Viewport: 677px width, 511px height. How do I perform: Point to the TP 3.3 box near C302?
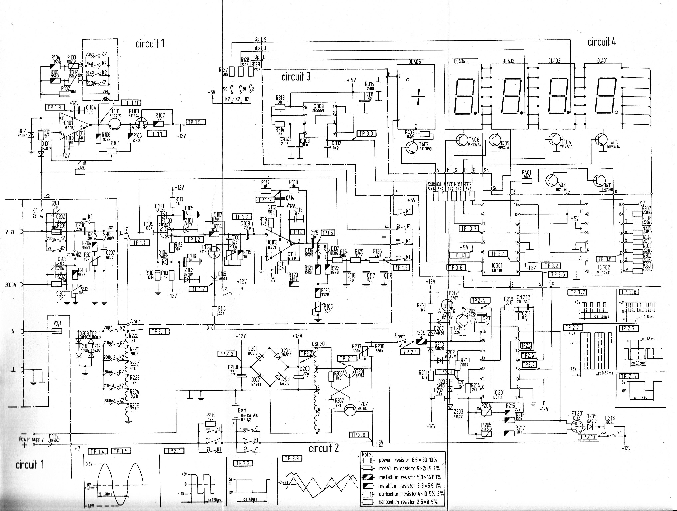(x=366, y=133)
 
